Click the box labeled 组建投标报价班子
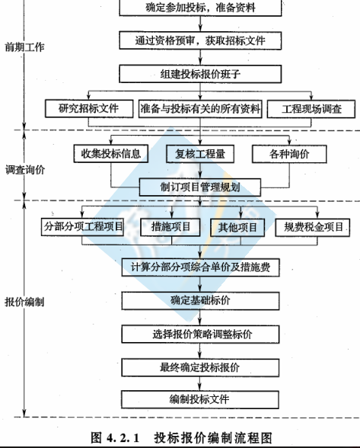[x=200, y=74]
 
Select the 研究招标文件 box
[x=89, y=108]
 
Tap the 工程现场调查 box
[x=311, y=109]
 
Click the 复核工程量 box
[x=200, y=154]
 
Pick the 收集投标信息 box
[x=111, y=154]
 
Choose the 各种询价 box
[x=289, y=154]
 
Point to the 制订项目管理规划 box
[x=200, y=187]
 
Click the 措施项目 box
[x=170, y=227]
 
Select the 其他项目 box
[x=237, y=227]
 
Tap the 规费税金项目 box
[x=313, y=227]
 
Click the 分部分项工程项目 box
[x=82, y=227]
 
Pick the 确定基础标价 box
[x=200, y=301]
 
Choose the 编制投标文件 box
[x=200, y=399]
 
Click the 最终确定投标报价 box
[x=200, y=367]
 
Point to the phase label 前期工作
[x=25, y=47]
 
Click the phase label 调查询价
[x=25, y=170]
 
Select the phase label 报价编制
[x=24, y=302]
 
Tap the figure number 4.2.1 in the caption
[x=123, y=437]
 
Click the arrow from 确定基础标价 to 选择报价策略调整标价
[x=200, y=318]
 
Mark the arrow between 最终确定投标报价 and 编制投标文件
[x=200, y=383]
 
